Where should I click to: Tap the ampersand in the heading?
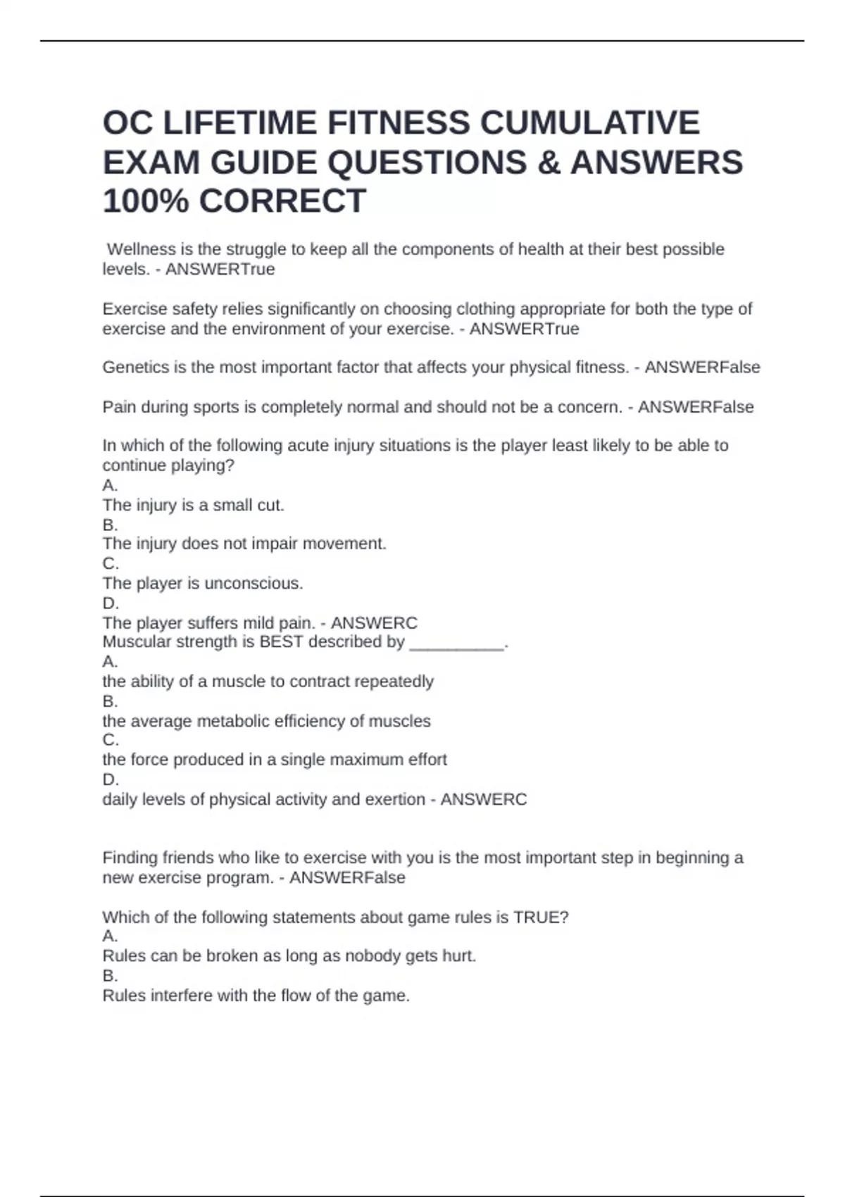pos(549,163)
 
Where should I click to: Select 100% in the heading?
pos(145,201)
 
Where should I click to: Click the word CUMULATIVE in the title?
pos(590,123)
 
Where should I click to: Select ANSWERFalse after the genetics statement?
pos(702,368)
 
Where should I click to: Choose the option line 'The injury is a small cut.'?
pos(193,505)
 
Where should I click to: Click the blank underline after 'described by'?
pos(457,642)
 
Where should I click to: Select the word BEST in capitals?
pos(281,642)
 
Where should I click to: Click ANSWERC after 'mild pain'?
pos(374,623)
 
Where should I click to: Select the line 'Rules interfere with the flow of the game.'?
pos(256,996)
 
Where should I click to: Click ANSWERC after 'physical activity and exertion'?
pos(483,800)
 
